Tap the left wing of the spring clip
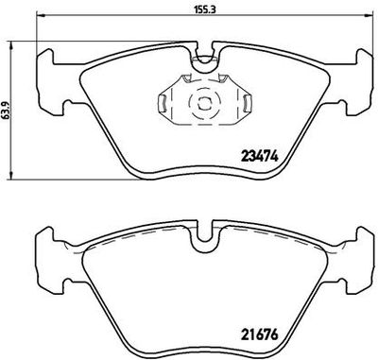tap(163, 105)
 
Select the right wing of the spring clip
tap(242, 105)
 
